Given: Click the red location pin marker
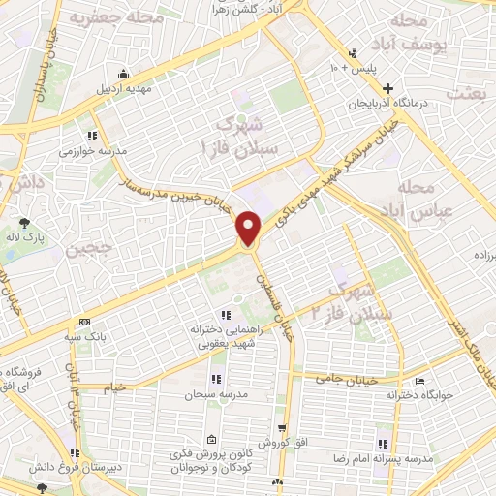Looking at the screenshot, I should [250, 228].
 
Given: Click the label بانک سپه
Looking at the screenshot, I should [85, 337].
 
